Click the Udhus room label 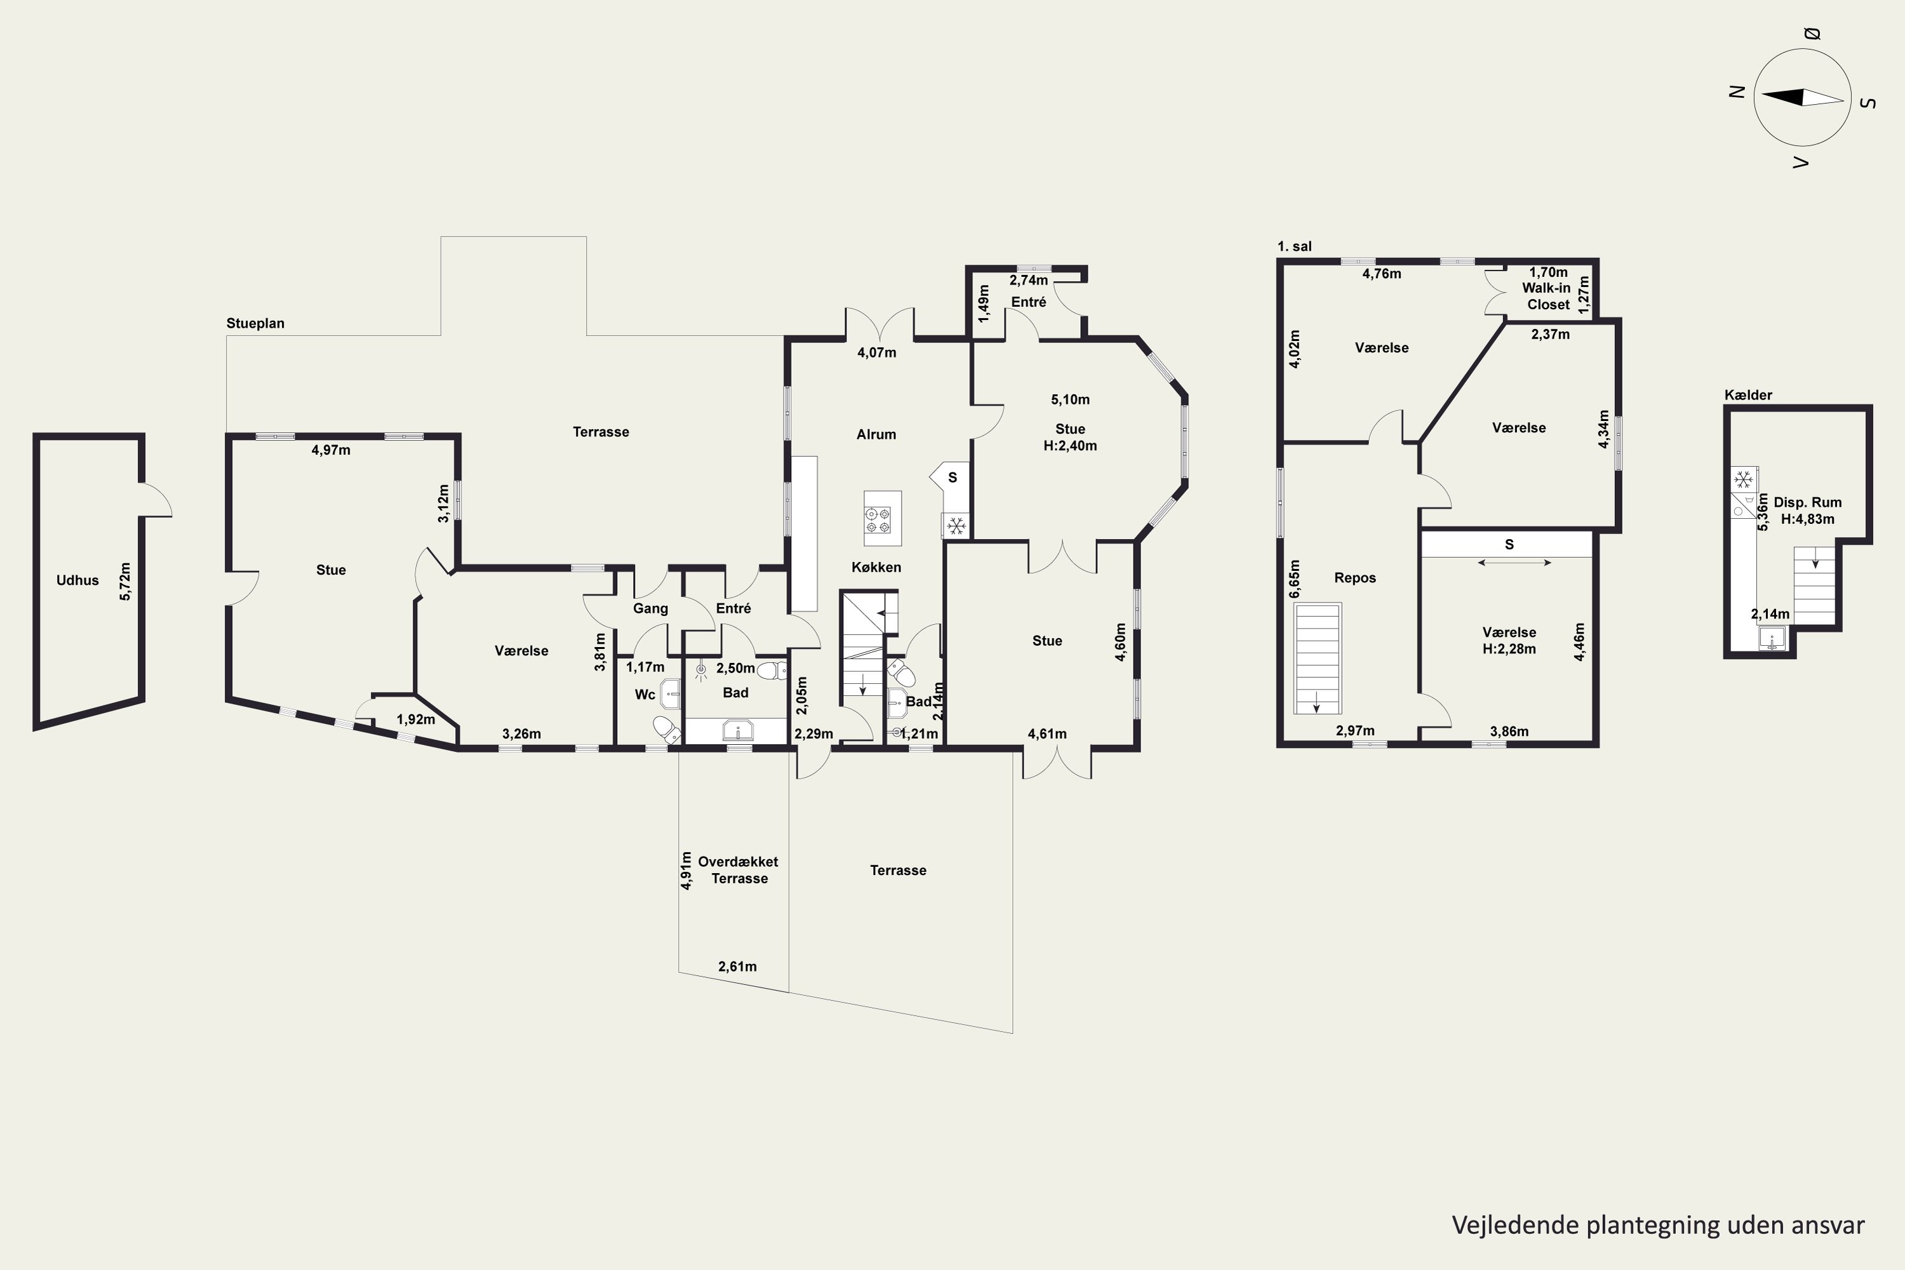(x=77, y=580)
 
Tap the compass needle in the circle (x=1803, y=97)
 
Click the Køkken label (x=876, y=567)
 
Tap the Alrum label (x=876, y=434)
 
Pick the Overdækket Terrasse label (x=739, y=870)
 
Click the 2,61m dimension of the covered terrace (x=738, y=966)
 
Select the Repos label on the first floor (x=1355, y=577)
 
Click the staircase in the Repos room (x=1318, y=658)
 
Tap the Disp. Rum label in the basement (x=1808, y=502)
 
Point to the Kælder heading (x=1749, y=395)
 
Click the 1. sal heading (x=1294, y=246)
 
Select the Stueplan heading (x=255, y=323)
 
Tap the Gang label (x=650, y=608)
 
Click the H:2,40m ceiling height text (x=1070, y=446)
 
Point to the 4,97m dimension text (x=331, y=450)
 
